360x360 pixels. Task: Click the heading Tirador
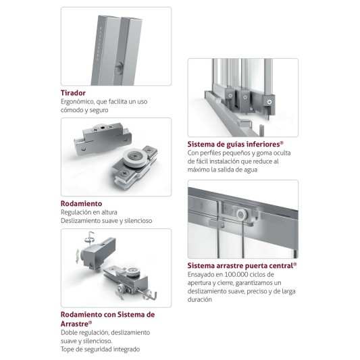[73, 93]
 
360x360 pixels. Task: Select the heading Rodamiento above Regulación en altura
[81, 204]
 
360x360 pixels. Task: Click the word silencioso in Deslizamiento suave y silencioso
[138, 221]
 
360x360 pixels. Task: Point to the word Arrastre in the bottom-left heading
[74, 324]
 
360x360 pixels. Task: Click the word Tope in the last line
[67, 349]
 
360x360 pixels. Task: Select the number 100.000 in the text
[236, 274]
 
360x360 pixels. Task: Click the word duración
[199, 300]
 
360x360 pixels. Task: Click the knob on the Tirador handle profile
[120, 68]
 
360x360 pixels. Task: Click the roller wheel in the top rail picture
[241, 215]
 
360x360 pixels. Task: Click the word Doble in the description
[69, 333]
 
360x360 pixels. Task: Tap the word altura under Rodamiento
[108, 212]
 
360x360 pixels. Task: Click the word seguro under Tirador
[99, 111]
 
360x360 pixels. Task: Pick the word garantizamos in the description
[254, 283]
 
